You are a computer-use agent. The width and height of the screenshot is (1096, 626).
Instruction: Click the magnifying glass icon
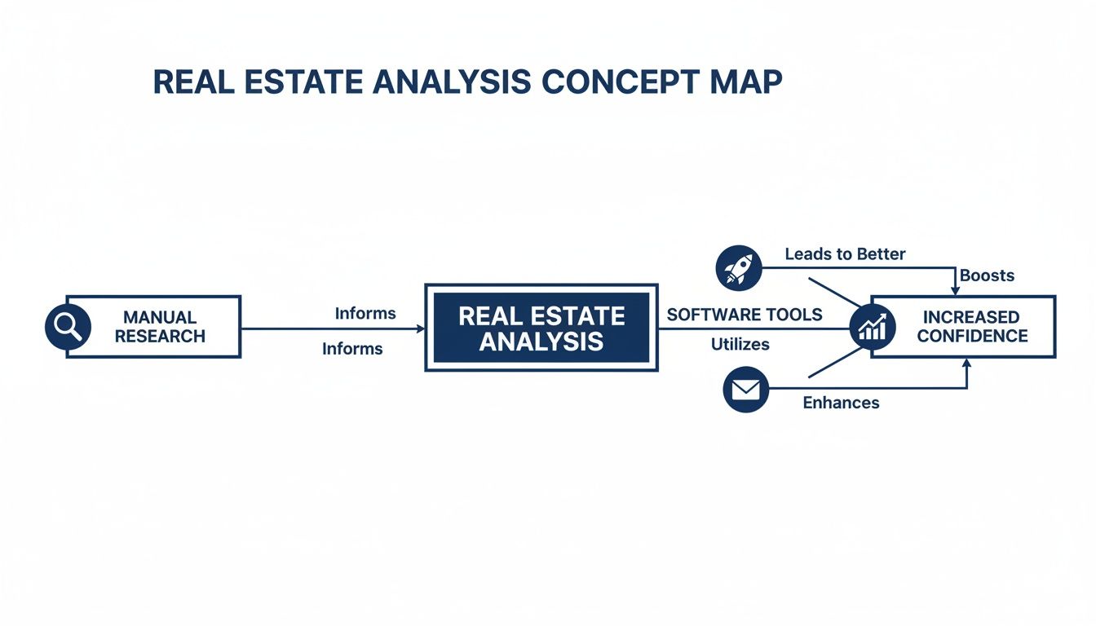[x=67, y=327]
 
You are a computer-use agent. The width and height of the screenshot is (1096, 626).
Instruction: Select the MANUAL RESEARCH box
[x=160, y=326]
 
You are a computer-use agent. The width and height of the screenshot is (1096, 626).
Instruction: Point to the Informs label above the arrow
[x=365, y=313]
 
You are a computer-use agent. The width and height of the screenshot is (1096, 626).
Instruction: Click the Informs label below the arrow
[x=352, y=349]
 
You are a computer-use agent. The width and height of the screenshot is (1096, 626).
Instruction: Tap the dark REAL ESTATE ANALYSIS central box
[x=541, y=328]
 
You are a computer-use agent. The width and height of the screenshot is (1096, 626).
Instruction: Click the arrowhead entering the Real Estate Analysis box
[x=420, y=328]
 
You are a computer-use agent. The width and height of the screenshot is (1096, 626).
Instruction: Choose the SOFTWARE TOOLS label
[x=745, y=315]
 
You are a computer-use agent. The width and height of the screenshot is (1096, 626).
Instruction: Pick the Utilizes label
[x=740, y=345]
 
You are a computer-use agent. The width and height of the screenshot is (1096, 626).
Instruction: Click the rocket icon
[x=738, y=268]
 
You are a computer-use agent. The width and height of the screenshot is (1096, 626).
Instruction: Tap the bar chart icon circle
[x=872, y=328]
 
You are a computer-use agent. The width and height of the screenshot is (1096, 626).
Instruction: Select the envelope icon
[x=745, y=390]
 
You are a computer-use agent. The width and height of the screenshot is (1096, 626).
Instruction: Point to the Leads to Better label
[x=845, y=254]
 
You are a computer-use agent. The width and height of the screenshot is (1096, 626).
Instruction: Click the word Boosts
[x=987, y=276]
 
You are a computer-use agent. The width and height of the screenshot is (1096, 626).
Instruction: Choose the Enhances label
[x=841, y=403]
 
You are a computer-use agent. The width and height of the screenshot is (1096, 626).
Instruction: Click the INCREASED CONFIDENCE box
[x=970, y=326]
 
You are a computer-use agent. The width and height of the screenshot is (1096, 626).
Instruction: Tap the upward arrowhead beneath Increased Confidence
[x=966, y=364]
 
